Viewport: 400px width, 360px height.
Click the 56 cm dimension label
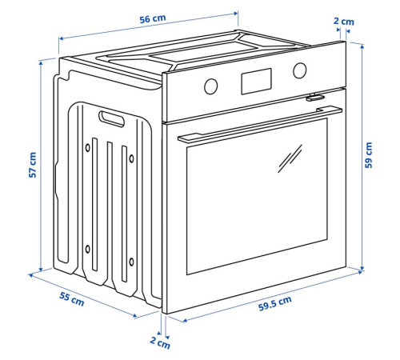tap(153, 18)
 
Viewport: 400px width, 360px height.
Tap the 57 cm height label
tap(33, 165)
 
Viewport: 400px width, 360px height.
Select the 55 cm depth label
tap(71, 299)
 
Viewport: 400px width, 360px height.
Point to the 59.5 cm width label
tap(275, 303)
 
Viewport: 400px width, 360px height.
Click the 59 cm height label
tap(368, 155)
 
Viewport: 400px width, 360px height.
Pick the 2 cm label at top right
tap(344, 22)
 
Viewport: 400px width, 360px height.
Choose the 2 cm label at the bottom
tap(160, 342)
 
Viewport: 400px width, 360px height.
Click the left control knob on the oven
tap(210, 86)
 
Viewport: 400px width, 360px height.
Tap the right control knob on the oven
tap(300, 70)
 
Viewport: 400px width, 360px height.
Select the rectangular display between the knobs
tap(257, 82)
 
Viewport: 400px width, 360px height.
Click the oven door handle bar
tap(260, 125)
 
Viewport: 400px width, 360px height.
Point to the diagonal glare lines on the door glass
tap(290, 158)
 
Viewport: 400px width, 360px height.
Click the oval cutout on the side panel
tap(111, 118)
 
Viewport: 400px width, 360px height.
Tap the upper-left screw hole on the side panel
tap(87, 147)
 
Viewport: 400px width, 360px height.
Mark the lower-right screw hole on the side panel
tap(131, 262)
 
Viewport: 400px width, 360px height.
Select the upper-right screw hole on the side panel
tap(131, 158)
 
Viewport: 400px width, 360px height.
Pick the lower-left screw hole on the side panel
tap(87, 249)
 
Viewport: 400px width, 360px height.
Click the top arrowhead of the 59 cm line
tap(362, 47)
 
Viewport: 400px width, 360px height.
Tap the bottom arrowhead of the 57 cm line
tap(41, 269)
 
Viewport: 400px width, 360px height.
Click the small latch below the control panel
tap(315, 98)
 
